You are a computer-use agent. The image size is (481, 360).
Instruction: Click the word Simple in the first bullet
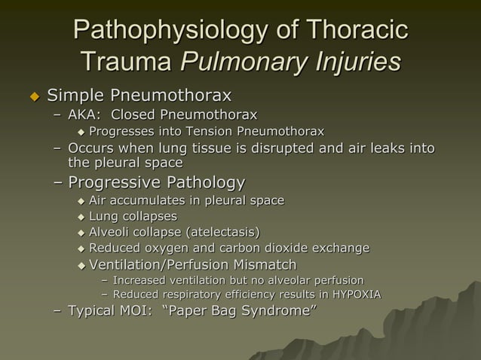coord(75,96)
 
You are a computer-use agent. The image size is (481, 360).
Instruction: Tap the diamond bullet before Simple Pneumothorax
coord(32,97)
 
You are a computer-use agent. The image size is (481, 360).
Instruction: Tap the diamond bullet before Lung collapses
coord(81,217)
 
